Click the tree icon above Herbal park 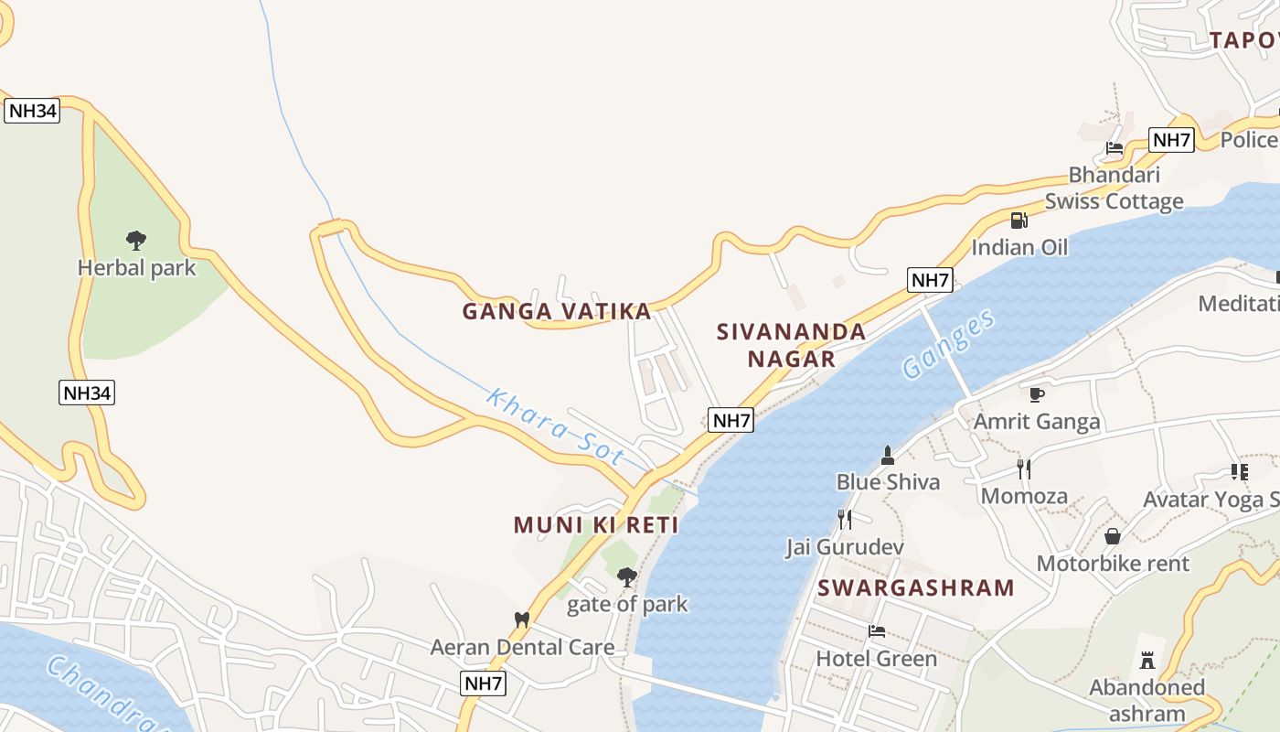point(136,241)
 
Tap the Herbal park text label point(136,268)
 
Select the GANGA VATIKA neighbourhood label point(557,312)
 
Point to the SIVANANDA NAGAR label point(792,345)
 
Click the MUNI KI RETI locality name point(596,525)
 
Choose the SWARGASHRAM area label point(916,587)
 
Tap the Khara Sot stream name point(556,426)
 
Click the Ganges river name point(948,344)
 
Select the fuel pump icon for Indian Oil point(1019,221)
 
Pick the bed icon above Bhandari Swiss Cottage point(1114,147)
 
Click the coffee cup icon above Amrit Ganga point(1036,394)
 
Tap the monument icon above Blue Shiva point(887,455)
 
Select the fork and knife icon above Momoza point(1024,469)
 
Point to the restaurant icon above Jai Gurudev point(845,520)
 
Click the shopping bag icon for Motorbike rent point(1113,536)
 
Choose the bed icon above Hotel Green point(877,631)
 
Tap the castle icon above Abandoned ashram point(1147,660)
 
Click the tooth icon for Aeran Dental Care point(522,619)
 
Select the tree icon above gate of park point(626,576)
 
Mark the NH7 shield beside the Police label point(1171,140)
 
